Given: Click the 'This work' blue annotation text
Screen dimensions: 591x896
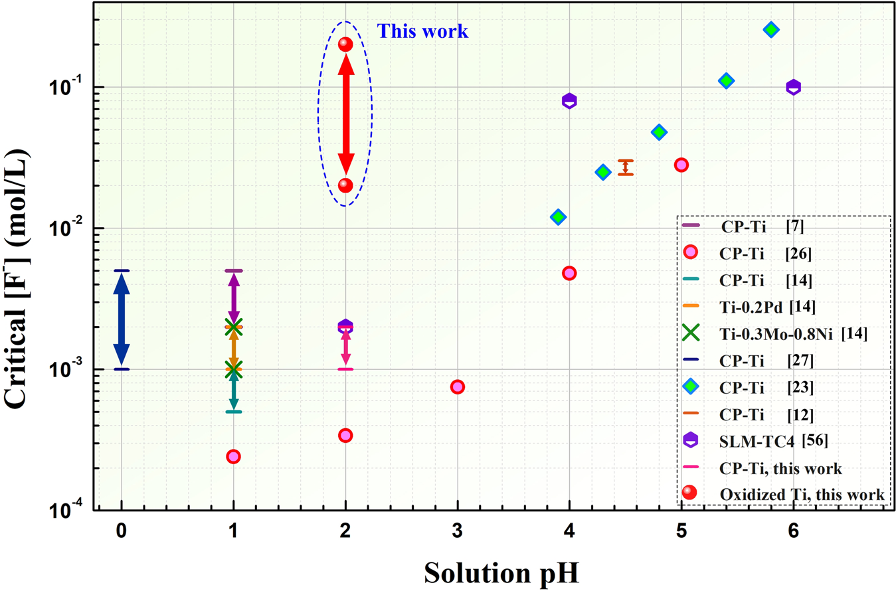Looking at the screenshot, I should pos(422,31).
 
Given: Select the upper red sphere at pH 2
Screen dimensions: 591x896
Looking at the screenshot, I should pos(345,44).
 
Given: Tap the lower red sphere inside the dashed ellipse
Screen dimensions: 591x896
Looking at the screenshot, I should pos(345,185).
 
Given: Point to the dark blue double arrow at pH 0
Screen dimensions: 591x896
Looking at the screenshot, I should pos(121,319).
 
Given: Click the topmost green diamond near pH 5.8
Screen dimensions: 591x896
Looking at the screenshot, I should pos(771,29).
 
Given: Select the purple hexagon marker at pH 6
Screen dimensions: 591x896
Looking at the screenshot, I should pos(793,87).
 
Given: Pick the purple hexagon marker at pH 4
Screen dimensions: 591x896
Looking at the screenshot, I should pos(569,101).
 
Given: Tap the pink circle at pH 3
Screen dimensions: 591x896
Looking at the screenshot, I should pos(457,386).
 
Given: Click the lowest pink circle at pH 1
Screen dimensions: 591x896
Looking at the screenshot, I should pos(233,456).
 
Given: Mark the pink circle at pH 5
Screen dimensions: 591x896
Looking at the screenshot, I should pos(681,165).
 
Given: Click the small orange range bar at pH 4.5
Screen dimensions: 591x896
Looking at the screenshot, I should pos(625,167).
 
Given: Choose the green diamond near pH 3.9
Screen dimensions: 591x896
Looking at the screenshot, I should pos(558,217).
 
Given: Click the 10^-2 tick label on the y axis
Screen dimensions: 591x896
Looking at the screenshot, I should pos(74,228).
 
